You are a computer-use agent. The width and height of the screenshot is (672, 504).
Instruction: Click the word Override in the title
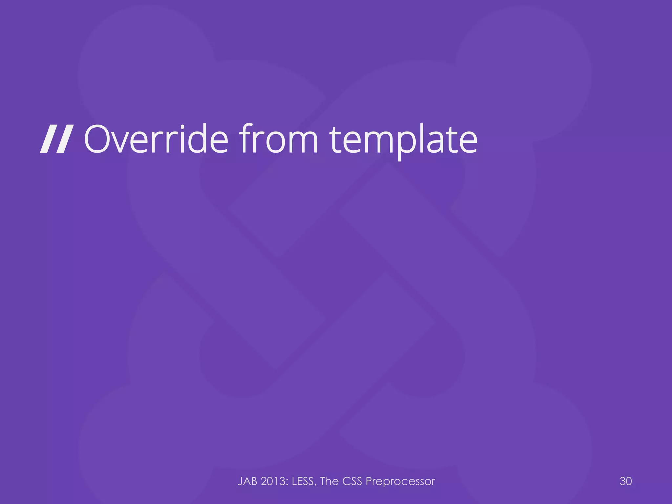[156, 139]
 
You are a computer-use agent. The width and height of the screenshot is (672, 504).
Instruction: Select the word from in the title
[279, 139]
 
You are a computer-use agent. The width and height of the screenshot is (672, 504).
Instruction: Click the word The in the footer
[329, 481]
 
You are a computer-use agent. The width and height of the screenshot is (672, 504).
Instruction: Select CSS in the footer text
[352, 481]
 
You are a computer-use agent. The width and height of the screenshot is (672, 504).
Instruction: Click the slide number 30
[626, 481]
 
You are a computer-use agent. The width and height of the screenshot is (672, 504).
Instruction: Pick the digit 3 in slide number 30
[623, 481]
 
